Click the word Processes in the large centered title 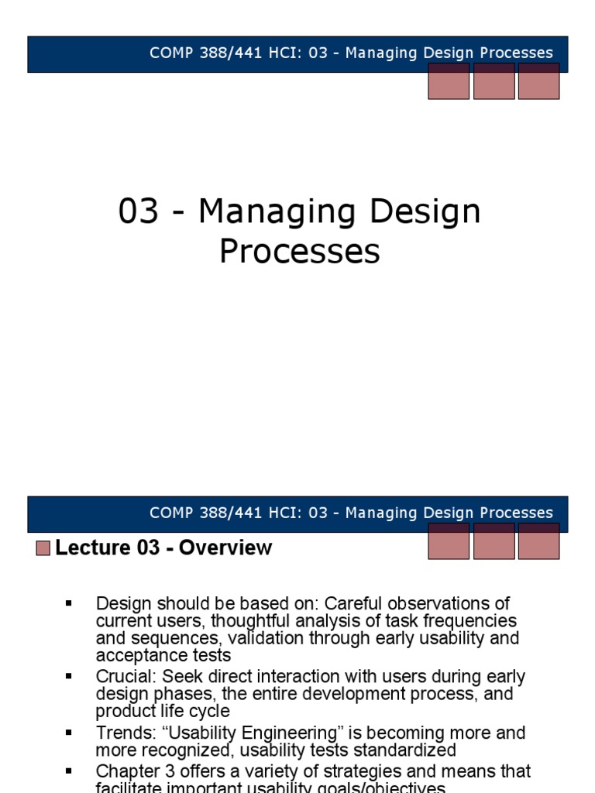(x=300, y=251)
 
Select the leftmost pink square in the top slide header (x=449, y=81)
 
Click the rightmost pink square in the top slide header (x=538, y=81)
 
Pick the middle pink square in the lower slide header (x=494, y=541)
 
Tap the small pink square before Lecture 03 (x=43, y=548)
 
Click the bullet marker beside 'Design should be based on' (x=69, y=602)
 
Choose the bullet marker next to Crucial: (x=69, y=676)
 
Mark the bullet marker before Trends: (x=69, y=732)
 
